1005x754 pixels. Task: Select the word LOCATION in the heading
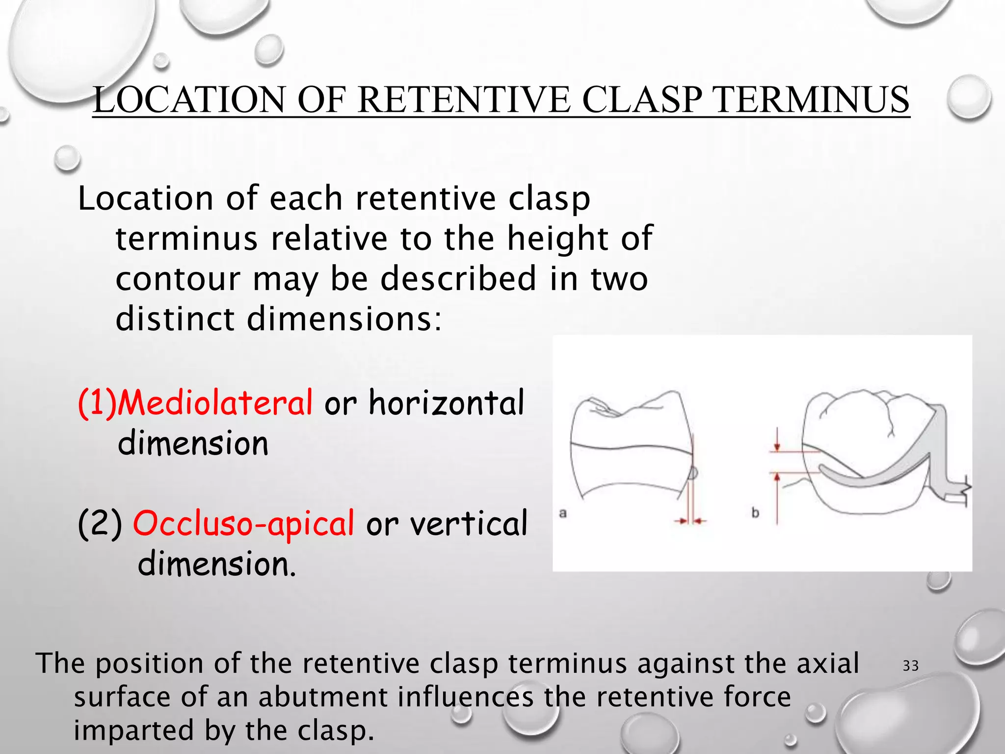pos(189,100)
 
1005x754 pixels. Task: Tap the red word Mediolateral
pos(214,403)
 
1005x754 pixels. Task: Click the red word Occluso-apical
pos(243,523)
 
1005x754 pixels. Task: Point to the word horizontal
pos(447,403)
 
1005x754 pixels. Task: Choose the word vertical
pos(469,523)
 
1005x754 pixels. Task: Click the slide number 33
pos(911,666)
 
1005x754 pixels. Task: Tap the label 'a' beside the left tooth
pos(563,513)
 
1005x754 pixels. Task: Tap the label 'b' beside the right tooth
pos(755,513)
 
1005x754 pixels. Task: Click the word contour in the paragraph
pos(178,279)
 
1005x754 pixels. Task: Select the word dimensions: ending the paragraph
pos(344,319)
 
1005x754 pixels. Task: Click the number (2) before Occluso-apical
pos(100,523)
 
